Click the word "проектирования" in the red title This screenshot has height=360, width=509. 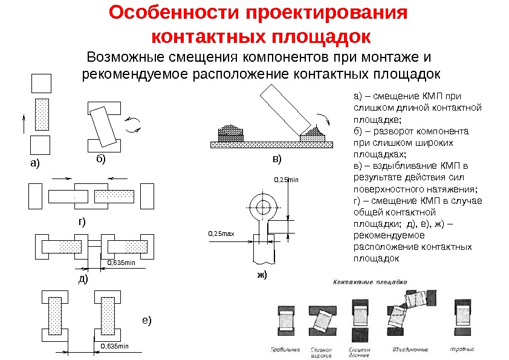316,13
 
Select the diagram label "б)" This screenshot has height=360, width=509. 100,159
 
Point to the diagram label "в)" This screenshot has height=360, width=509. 276,159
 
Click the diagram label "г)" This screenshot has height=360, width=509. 82,221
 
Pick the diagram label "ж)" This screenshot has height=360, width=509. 262,274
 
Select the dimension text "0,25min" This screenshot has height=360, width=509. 287,179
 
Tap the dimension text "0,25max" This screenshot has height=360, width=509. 221,232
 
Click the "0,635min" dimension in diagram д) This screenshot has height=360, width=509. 121,262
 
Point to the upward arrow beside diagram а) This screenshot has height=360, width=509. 23,123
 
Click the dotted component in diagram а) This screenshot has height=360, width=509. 41,114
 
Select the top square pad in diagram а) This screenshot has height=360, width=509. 41,83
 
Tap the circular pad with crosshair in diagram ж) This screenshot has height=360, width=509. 263,207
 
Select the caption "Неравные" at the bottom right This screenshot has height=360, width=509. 462,349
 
